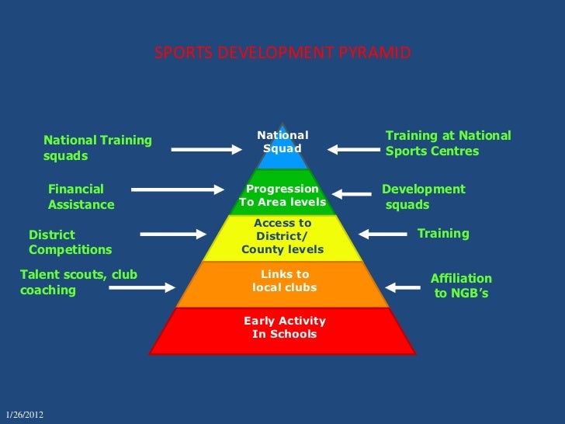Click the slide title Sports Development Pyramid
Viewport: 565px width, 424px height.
coord(282,54)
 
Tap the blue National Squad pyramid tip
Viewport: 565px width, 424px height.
coord(282,144)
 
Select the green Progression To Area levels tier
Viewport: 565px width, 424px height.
coord(282,196)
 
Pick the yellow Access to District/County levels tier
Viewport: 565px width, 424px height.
coord(282,237)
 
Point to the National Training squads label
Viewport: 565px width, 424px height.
coord(97,148)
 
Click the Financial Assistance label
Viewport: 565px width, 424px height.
coord(81,197)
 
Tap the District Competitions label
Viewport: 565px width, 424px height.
coord(70,242)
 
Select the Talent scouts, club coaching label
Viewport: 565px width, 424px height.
coord(78,283)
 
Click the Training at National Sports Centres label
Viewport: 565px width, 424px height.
coord(448,144)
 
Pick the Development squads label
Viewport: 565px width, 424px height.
coord(423,197)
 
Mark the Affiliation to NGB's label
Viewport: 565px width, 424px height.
coord(461,286)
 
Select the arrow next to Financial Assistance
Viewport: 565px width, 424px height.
coord(177,189)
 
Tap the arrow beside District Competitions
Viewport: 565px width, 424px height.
coord(173,233)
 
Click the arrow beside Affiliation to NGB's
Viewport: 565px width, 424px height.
coord(403,287)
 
